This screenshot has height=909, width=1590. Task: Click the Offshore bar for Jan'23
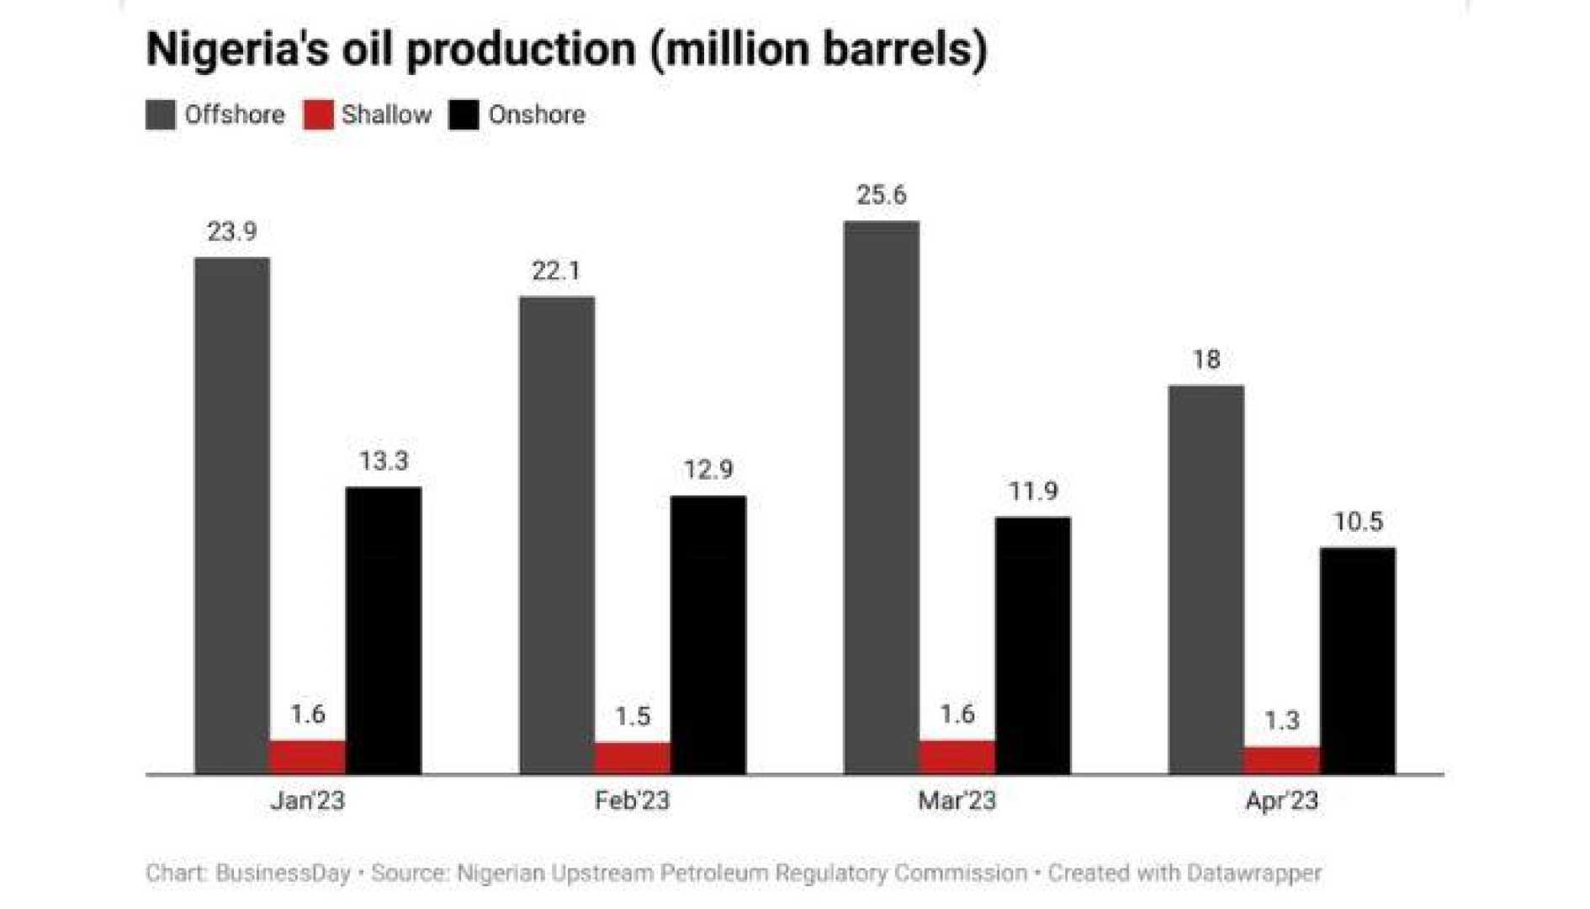pyautogui.click(x=232, y=515)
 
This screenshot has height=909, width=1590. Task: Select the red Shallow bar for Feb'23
pyautogui.click(x=633, y=757)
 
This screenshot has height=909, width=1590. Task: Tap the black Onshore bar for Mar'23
pyautogui.click(x=1032, y=645)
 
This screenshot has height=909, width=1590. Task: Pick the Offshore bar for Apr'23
pyautogui.click(x=1206, y=579)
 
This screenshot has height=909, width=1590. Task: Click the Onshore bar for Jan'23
pyautogui.click(x=384, y=630)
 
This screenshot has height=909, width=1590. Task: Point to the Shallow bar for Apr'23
pyautogui.click(x=1281, y=759)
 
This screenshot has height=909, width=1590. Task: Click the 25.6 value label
pyautogui.click(x=881, y=195)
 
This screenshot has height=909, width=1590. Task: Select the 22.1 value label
pyautogui.click(x=556, y=271)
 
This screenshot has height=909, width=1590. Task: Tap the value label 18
pyautogui.click(x=1206, y=360)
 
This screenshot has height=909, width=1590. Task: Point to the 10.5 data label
pyautogui.click(x=1358, y=522)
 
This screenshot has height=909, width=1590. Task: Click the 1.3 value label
pyautogui.click(x=1281, y=720)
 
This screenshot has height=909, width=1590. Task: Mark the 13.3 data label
pyautogui.click(x=384, y=461)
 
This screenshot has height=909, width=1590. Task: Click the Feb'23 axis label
pyautogui.click(x=632, y=800)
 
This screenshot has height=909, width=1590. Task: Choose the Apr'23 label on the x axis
pyautogui.click(x=1281, y=800)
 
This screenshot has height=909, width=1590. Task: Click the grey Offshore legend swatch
pyautogui.click(x=161, y=114)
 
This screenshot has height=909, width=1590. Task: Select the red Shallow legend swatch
pyautogui.click(x=319, y=114)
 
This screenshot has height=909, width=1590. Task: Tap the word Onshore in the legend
pyautogui.click(x=537, y=114)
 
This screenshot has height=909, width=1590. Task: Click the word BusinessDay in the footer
pyautogui.click(x=283, y=874)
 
